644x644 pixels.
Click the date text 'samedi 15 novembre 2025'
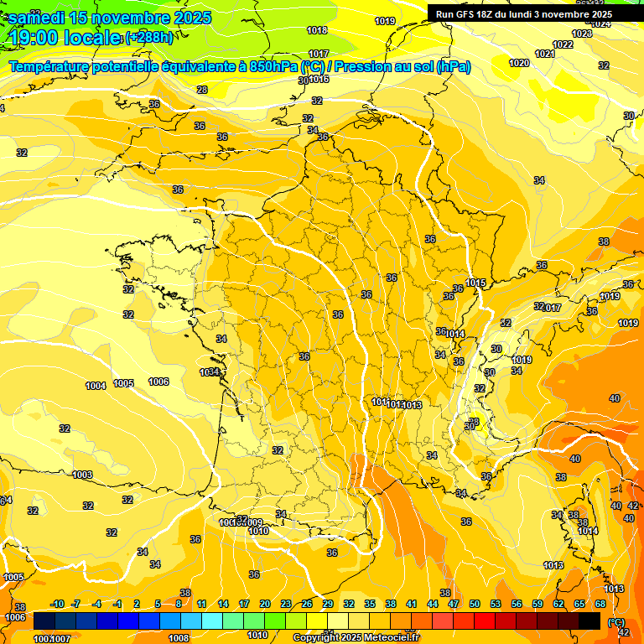[x=109, y=18]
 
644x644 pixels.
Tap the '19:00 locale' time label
[x=65, y=37]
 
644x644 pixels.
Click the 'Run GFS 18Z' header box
[x=523, y=14]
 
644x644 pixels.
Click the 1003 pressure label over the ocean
[x=82, y=475]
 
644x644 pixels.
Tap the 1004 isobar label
[x=96, y=386]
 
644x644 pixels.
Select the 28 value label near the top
[x=202, y=90]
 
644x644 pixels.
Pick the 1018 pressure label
[x=317, y=30]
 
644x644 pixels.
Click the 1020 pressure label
[x=519, y=63]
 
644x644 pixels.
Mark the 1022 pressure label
[x=563, y=44]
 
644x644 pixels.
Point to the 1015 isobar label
[x=477, y=283]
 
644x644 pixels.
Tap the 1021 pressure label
[x=544, y=54]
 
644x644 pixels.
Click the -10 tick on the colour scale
[x=58, y=604]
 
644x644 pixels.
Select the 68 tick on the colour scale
[x=600, y=604]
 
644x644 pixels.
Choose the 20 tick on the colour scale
[x=264, y=604]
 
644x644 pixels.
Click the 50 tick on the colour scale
[x=475, y=604]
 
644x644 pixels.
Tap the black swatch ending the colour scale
[x=589, y=621]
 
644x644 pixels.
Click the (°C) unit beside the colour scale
[x=615, y=621]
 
